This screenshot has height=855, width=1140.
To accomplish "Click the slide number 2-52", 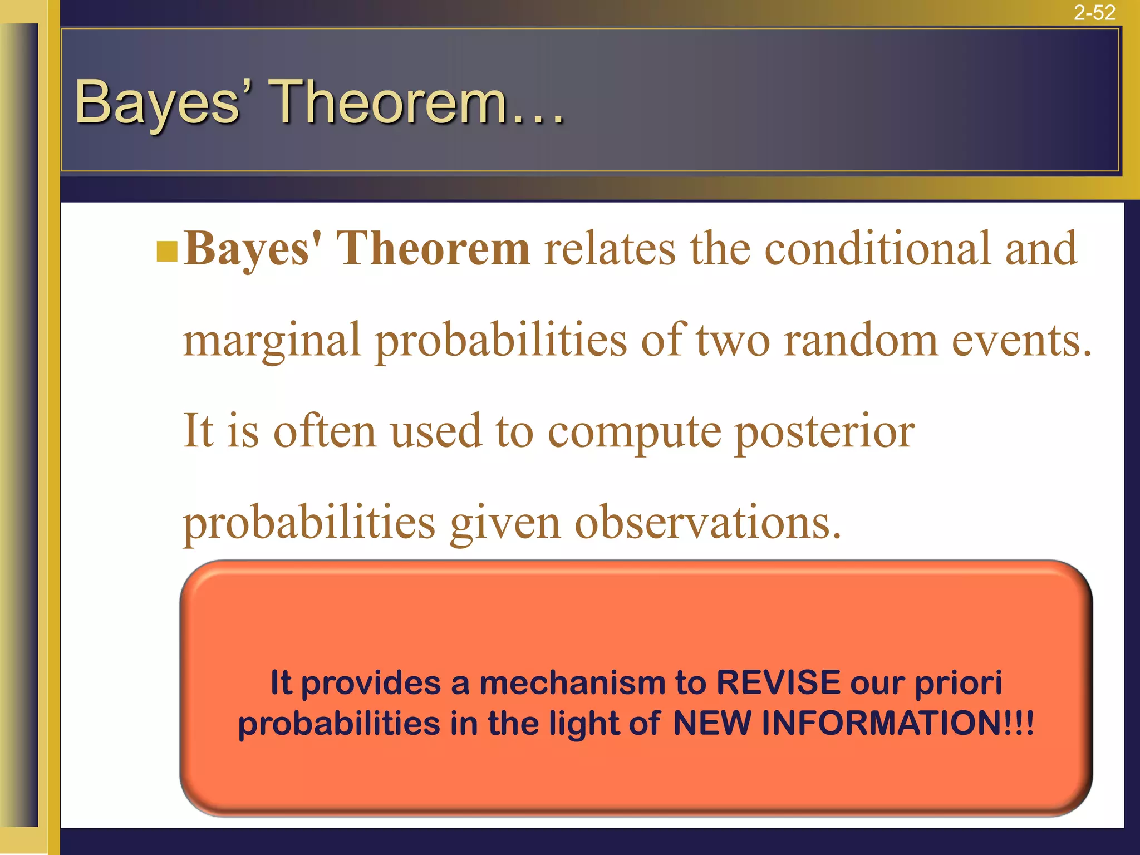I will tap(1094, 12).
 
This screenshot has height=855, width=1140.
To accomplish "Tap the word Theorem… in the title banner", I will tap(417, 101).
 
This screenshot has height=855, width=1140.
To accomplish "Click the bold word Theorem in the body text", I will tap(434, 249).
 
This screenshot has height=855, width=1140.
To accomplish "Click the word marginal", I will tap(272, 341).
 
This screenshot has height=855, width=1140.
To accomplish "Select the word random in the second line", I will tap(861, 341).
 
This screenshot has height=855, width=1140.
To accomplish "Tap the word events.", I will tap(1022, 341).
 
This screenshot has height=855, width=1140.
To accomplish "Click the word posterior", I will tap(825, 433).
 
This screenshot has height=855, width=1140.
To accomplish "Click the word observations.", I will tap(707, 523).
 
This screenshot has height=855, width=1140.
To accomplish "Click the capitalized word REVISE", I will tap(778, 682).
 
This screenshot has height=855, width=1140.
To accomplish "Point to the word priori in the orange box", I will tap(959, 684).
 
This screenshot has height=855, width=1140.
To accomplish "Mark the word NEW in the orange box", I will tap(711, 723).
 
